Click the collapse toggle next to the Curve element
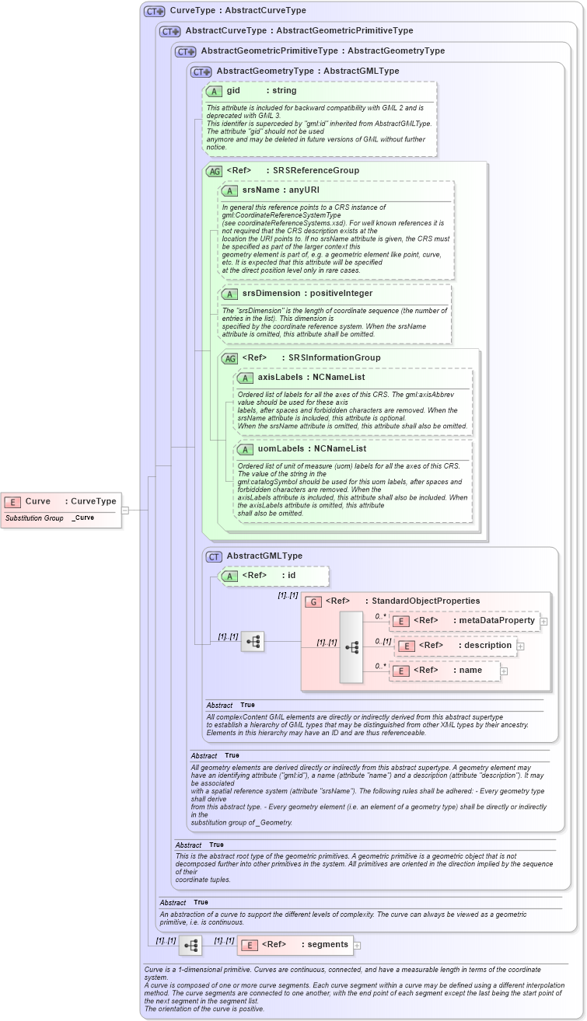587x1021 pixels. (x=125, y=510)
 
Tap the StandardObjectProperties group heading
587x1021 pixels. (x=402, y=601)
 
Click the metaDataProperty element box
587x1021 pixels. (x=464, y=621)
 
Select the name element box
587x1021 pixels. (x=445, y=671)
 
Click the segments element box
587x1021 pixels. (x=295, y=945)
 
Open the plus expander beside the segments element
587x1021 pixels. (x=358, y=946)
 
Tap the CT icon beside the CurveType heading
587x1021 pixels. (x=155, y=12)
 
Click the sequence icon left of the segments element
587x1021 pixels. (x=190, y=945)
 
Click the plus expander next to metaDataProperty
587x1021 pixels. (x=544, y=622)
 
